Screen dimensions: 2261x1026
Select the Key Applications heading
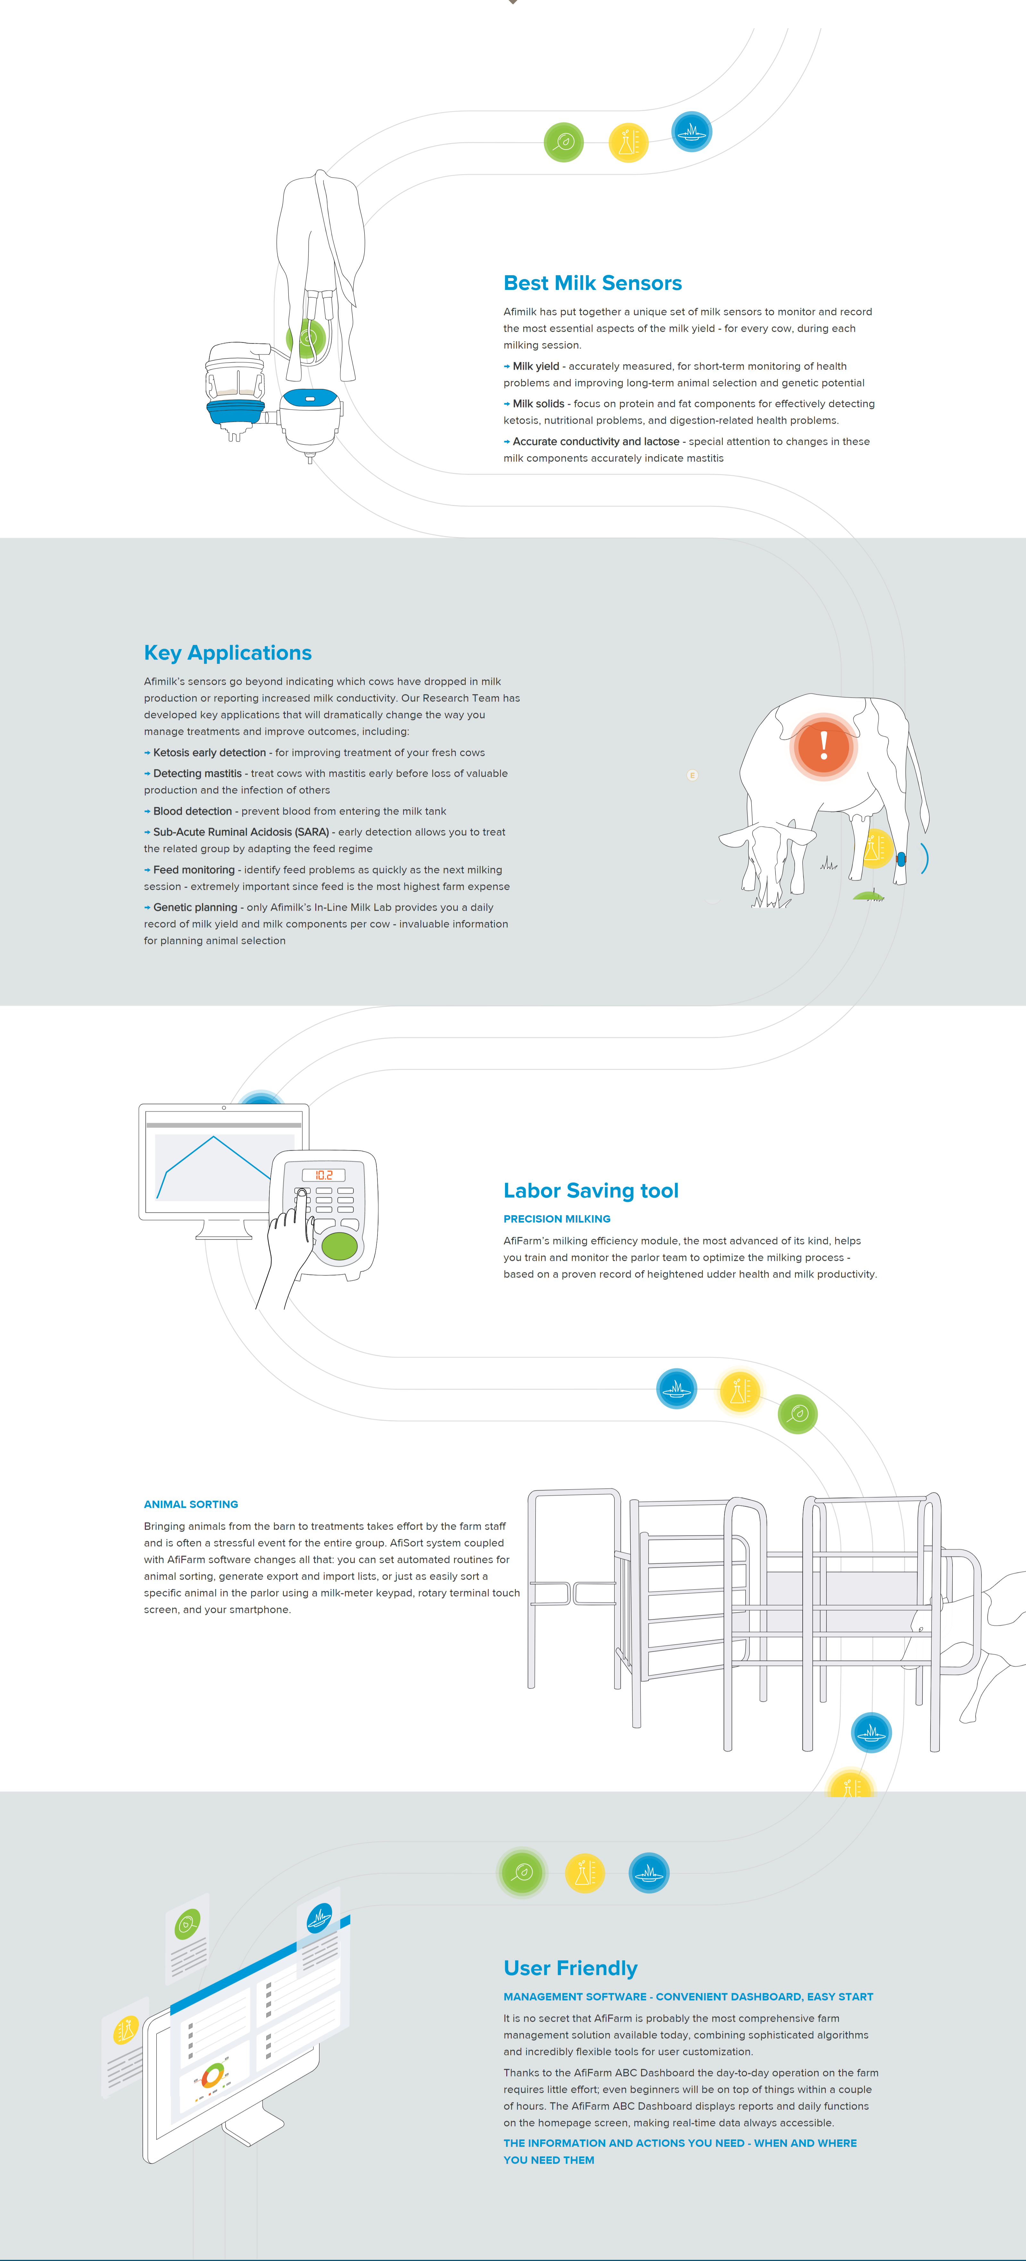pos(227,653)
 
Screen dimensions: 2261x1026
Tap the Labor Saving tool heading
pos(591,1191)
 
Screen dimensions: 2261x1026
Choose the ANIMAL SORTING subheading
pos(190,1504)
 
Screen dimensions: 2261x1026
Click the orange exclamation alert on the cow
pos(823,745)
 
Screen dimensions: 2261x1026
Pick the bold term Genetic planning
pos(195,908)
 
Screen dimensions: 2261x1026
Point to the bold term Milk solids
pos(538,404)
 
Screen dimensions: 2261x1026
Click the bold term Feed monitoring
pos(194,870)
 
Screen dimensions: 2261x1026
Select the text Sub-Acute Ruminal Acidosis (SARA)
pos(241,832)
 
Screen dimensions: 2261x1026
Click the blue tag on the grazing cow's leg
pos(900,859)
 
